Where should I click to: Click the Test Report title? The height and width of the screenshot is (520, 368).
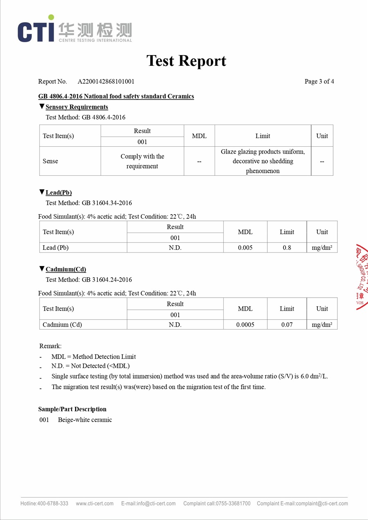pyautogui.click(x=186, y=61)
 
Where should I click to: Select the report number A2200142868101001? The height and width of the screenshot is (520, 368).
pyautogui.click(x=106, y=81)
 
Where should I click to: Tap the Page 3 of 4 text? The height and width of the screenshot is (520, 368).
pyautogui.click(x=319, y=81)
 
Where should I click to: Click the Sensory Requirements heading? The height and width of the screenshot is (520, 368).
pyautogui.click(x=77, y=107)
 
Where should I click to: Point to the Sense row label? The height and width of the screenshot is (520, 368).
pyautogui.click(x=50, y=161)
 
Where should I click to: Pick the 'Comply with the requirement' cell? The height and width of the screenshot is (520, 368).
pyautogui.click(x=142, y=161)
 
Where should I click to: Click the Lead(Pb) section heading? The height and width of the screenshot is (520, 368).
pyautogui.click(x=58, y=193)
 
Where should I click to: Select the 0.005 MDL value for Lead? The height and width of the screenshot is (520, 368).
pyautogui.click(x=245, y=248)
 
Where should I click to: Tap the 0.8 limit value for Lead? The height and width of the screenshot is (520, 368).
pyautogui.click(x=287, y=248)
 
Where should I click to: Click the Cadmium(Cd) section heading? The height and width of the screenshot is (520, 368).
pyautogui.click(x=66, y=269)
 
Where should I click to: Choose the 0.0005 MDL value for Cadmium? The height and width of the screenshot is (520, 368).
pyautogui.click(x=245, y=325)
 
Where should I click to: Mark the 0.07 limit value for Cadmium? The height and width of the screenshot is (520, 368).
pyautogui.click(x=287, y=325)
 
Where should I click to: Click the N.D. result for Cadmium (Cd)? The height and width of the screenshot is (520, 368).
pyautogui.click(x=175, y=325)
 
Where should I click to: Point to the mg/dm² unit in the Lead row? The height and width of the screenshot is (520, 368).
pyautogui.click(x=322, y=248)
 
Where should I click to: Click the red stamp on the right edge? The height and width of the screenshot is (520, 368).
pyautogui.click(x=361, y=277)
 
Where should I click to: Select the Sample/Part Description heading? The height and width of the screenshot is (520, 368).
pyautogui.click(x=72, y=409)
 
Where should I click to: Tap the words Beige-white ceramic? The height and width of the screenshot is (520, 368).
pyautogui.click(x=85, y=420)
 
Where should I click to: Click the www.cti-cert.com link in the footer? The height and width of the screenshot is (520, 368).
pyautogui.click(x=95, y=504)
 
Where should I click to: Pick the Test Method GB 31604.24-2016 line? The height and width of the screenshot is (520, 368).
pyautogui.click(x=89, y=280)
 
